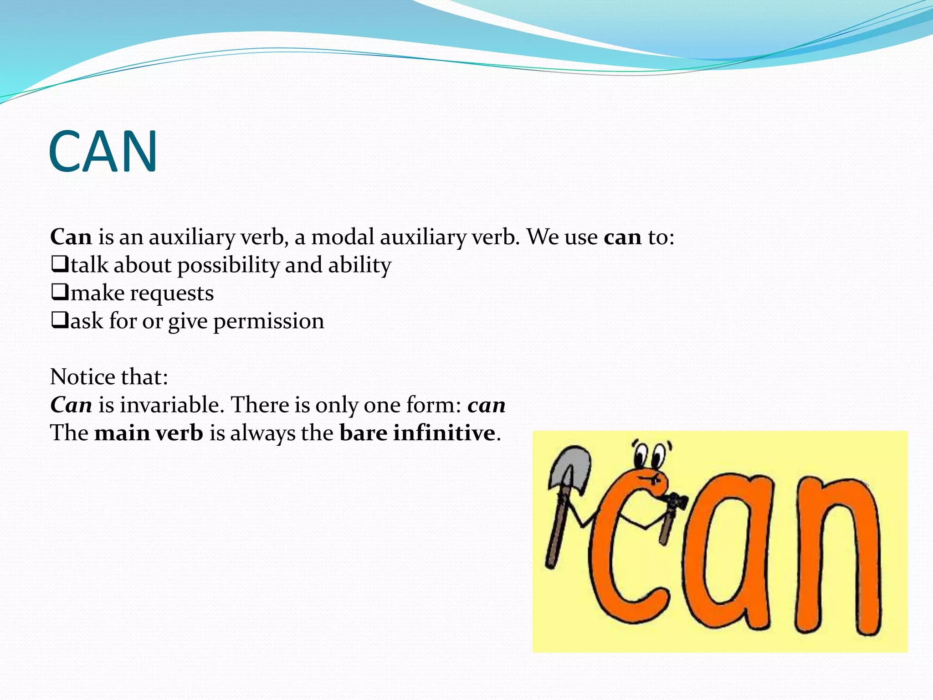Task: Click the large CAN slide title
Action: coord(103,152)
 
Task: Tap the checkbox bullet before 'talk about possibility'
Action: coord(59,264)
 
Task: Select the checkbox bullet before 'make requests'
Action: coord(59,292)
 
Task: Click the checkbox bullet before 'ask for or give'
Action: coord(59,320)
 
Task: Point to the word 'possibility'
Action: coord(228,266)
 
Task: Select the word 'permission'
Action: coord(269,322)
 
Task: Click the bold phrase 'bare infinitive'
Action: coord(417,432)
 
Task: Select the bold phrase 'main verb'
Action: coord(149,432)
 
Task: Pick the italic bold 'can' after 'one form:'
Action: coord(486,405)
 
